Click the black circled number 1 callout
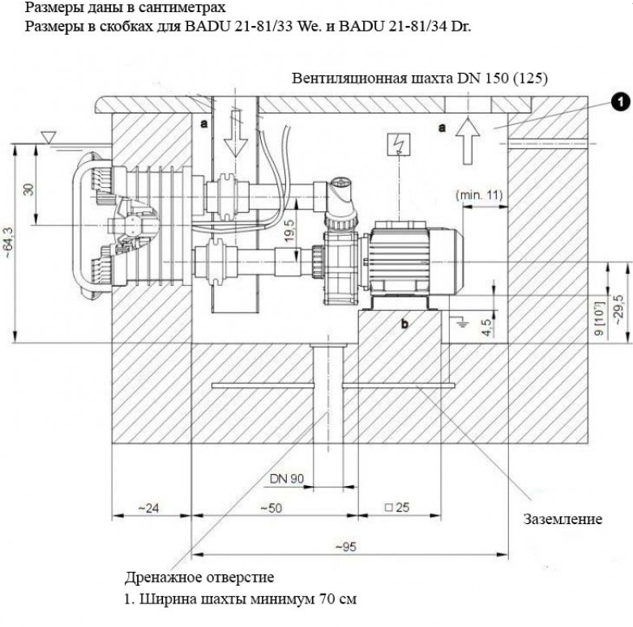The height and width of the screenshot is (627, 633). (x=620, y=102)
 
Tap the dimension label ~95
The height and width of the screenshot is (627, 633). (x=345, y=547)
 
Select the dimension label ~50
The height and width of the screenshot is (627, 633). (x=271, y=508)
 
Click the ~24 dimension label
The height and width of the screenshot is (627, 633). (x=148, y=508)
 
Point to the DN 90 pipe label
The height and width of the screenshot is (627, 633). (x=287, y=479)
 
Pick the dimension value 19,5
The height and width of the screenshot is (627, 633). (x=290, y=230)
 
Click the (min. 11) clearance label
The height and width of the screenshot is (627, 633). (x=479, y=195)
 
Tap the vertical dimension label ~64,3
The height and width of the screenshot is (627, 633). (x=8, y=243)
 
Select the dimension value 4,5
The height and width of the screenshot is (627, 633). (x=487, y=327)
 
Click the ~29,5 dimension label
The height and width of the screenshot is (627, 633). (x=619, y=309)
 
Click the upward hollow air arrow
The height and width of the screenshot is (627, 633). (x=468, y=140)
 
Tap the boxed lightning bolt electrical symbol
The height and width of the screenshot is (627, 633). (x=399, y=144)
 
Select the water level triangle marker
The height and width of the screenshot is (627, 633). (x=49, y=139)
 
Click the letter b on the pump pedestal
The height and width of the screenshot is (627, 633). (x=404, y=323)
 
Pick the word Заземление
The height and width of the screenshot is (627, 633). (x=562, y=519)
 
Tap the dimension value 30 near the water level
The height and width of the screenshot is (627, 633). (x=29, y=189)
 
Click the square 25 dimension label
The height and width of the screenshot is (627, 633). (x=397, y=508)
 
